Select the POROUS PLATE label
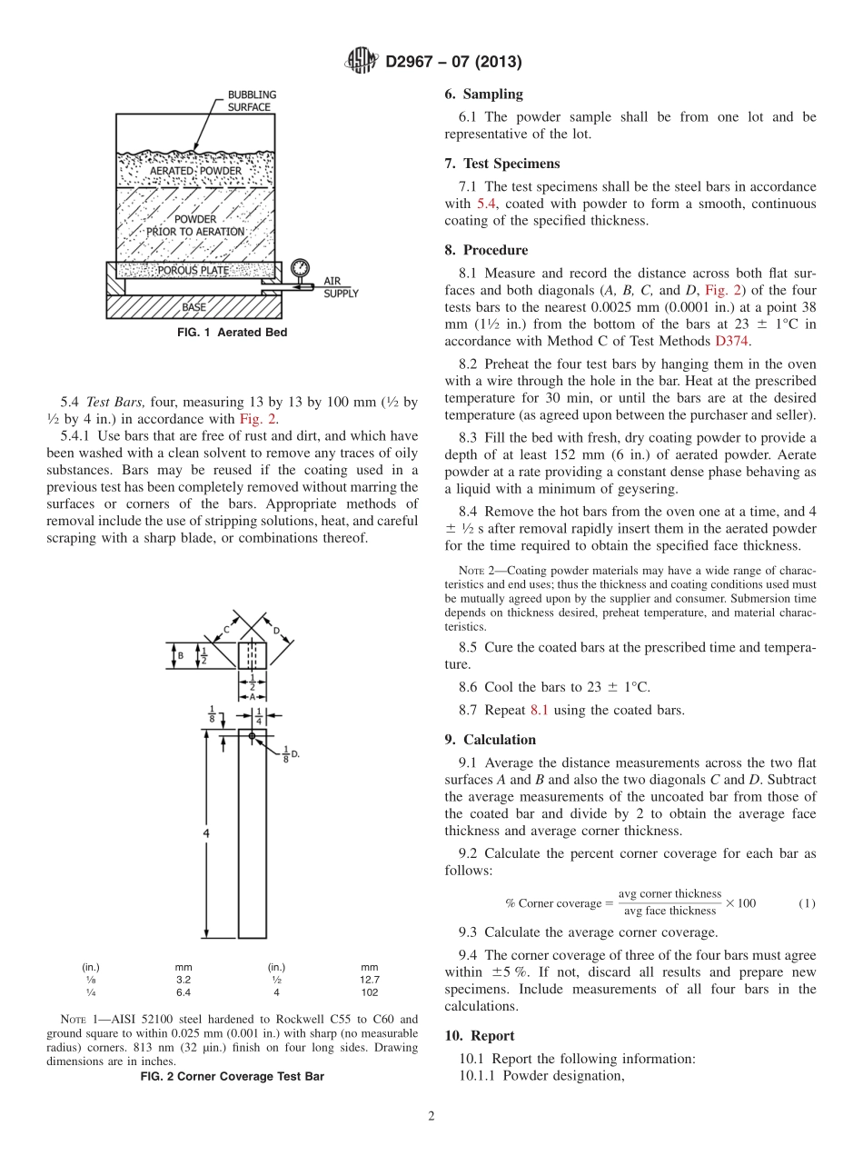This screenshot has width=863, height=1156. point(193,271)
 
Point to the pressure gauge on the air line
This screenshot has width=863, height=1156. point(301,268)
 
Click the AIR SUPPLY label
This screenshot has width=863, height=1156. point(341,288)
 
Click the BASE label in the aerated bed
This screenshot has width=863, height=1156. point(193,307)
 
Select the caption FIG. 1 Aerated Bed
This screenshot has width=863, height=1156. point(232,333)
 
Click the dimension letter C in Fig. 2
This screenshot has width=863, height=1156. point(226,629)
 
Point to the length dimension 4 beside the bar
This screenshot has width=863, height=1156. point(208,832)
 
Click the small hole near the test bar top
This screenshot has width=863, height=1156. point(252,735)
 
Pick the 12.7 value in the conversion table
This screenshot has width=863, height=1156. point(370,980)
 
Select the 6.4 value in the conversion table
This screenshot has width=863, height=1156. point(184,992)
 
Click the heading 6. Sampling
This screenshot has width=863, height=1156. point(483,94)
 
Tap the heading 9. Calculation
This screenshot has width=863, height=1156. point(490,740)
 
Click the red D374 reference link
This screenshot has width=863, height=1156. point(733,341)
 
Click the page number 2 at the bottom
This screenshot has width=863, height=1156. point(431,1116)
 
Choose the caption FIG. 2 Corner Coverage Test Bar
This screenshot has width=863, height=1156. point(232,1076)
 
